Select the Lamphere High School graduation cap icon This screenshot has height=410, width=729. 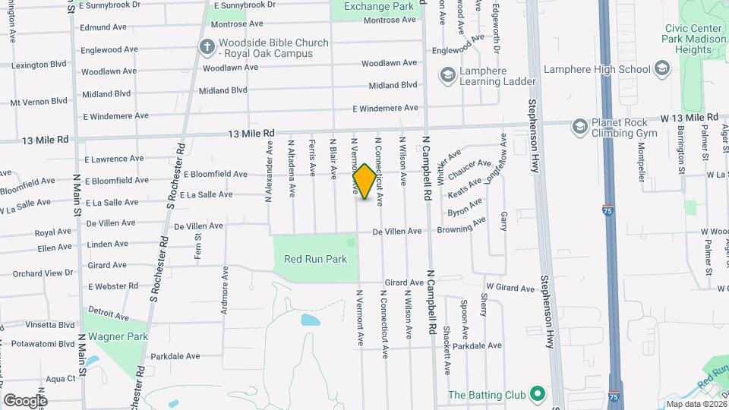(x=661, y=69)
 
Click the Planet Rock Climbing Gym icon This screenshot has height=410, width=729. (x=580, y=125)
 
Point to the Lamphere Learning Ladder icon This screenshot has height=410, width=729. (x=447, y=75)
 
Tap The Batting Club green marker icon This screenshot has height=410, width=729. (x=538, y=394)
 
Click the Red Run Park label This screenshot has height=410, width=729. (x=315, y=259)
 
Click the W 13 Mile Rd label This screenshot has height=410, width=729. (x=689, y=118)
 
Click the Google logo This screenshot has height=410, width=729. (x=25, y=400)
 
